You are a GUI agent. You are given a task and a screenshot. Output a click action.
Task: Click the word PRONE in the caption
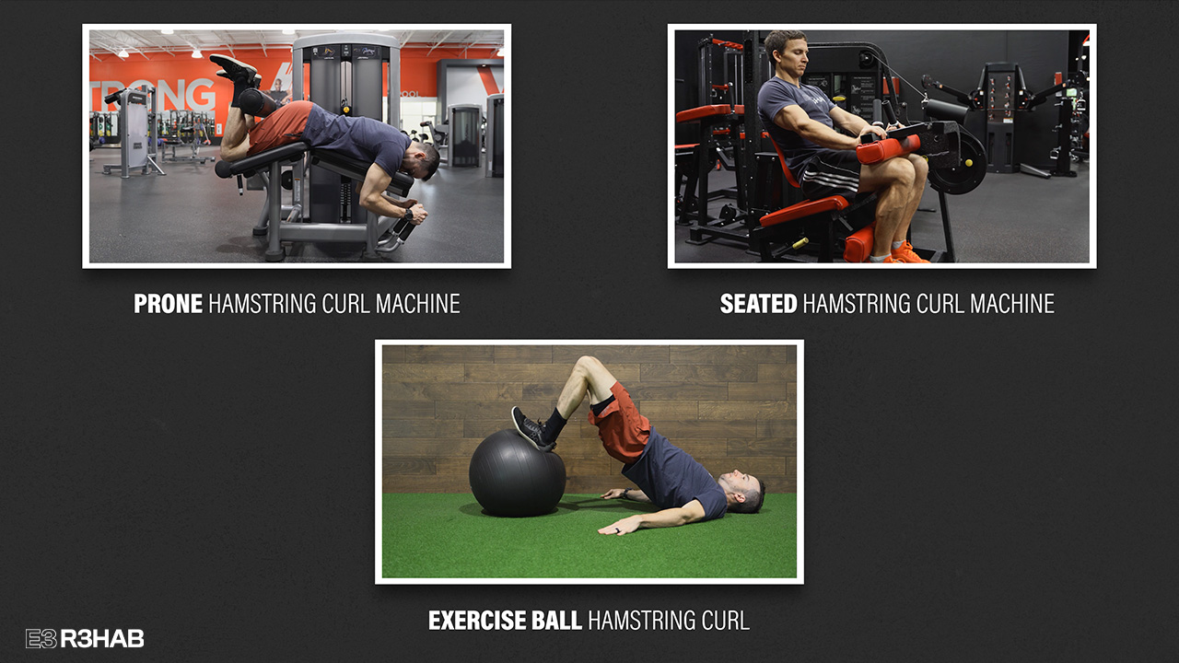(x=168, y=304)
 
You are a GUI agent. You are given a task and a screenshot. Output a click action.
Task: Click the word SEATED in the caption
(x=758, y=304)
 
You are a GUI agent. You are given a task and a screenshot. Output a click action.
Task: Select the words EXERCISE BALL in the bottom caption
(x=505, y=621)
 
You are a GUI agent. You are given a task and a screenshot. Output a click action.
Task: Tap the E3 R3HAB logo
(x=85, y=639)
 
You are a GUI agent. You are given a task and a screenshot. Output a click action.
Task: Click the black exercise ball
(x=517, y=473)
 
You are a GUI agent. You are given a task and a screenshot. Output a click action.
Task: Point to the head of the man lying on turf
(x=742, y=492)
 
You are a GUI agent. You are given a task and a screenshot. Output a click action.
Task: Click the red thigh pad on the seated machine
(x=888, y=149)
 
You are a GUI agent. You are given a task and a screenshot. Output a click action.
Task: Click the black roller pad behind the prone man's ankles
(x=256, y=102)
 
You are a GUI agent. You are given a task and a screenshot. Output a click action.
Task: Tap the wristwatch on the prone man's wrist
(x=408, y=215)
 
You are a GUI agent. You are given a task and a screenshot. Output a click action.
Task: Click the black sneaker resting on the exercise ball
(x=531, y=428)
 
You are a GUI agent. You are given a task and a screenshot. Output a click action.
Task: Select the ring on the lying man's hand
(x=618, y=529)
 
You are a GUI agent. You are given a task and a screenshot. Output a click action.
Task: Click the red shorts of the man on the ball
(x=621, y=425)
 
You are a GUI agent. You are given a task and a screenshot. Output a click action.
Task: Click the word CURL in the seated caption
(x=940, y=304)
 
